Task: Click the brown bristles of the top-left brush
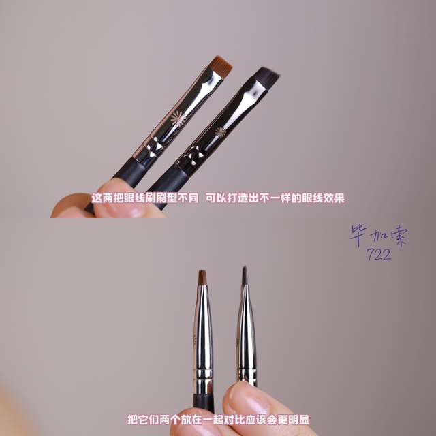pos(220,66)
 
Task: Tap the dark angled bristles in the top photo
pos(266,77)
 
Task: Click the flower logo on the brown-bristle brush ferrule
pos(178,119)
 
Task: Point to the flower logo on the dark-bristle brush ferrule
pos(221,132)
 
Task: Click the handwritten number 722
pos(379,254)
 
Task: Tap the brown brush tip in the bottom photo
pos(202,277)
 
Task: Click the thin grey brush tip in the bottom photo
pos(245,275)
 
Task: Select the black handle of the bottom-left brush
pos(204,403)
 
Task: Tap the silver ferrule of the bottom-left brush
pos(203,339)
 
